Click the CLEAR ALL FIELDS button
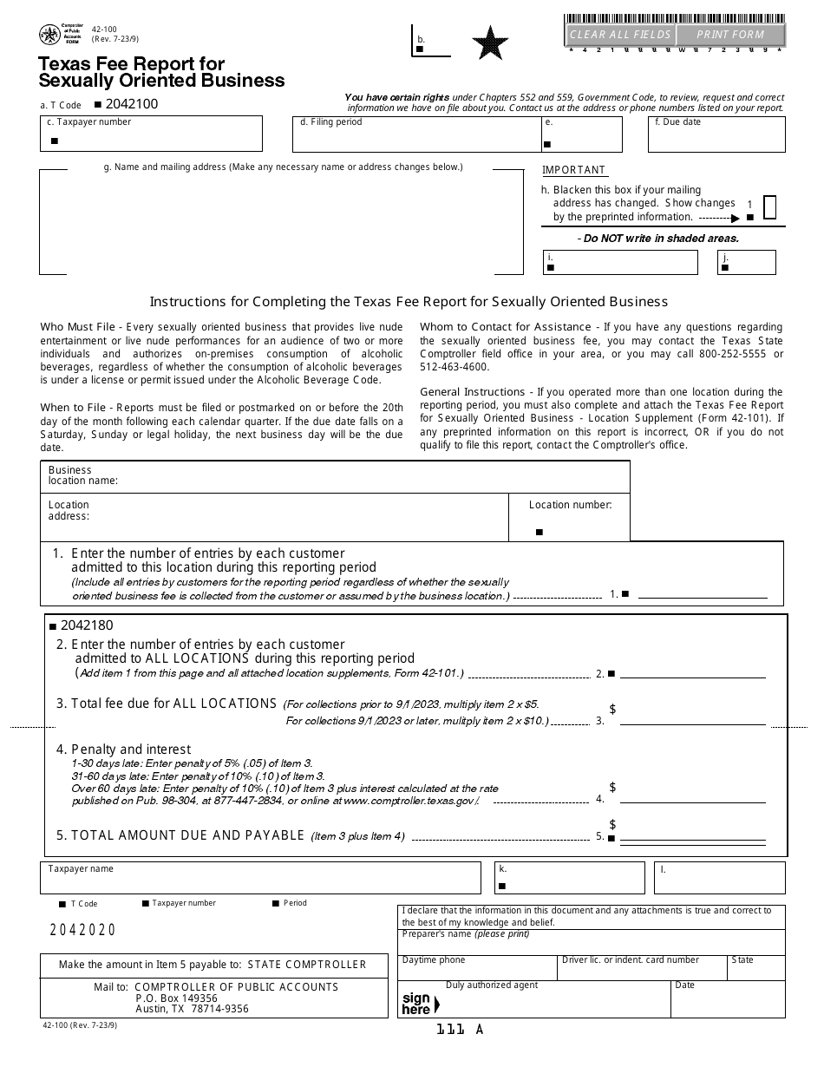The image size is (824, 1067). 619,35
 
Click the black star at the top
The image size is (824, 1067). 490,43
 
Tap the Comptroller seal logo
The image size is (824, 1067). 49,35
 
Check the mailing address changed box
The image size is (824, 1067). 769,206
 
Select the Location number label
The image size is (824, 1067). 570,505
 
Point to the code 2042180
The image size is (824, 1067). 87,625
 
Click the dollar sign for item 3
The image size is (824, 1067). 612,710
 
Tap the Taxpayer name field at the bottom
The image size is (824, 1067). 260,879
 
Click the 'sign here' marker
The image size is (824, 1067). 419,1004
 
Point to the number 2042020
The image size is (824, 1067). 82,930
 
